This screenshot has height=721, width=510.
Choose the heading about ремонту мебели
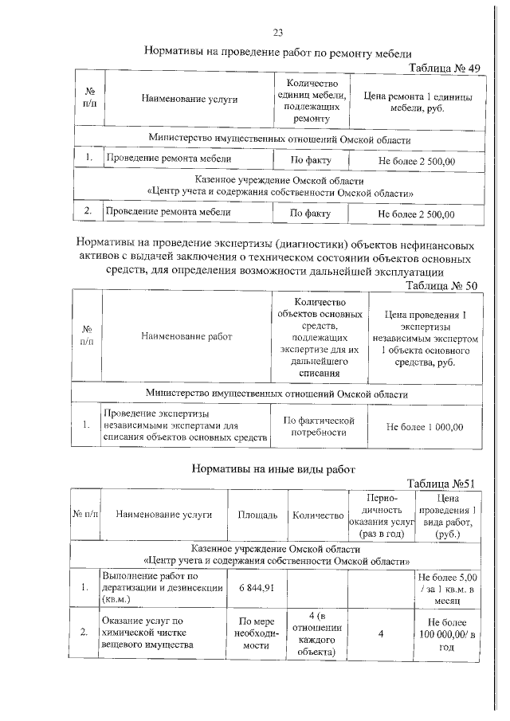(278, 51)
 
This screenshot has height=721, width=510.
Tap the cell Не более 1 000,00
(424, 426)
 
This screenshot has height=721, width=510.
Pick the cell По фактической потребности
(318, 426)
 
